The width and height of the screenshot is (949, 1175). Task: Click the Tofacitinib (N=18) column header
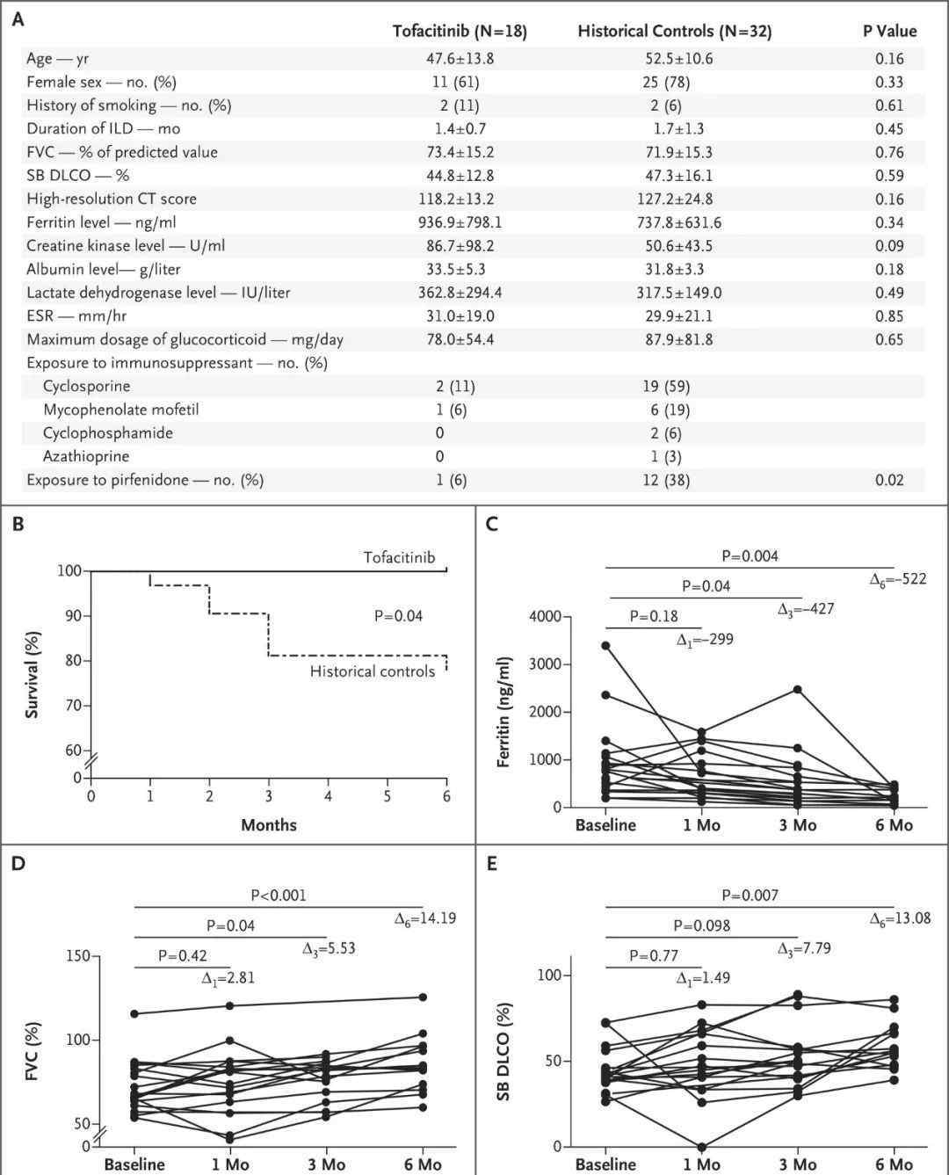click(460, 31)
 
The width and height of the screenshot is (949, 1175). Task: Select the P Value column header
click(889, 31)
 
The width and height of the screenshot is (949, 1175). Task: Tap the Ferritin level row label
click(101, 222)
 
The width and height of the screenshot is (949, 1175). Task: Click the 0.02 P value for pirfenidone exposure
click(889, 480)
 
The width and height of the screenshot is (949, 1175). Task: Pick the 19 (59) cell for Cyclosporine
click(666, 386)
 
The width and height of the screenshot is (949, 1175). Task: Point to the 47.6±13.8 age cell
click(460, 59)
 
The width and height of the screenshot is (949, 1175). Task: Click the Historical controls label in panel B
click(373, 671)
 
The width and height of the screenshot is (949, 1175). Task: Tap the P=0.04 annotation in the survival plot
click(398, 616)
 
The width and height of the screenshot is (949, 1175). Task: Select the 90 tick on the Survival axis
click(74, 616)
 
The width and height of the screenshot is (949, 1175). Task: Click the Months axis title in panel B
click(269, 825)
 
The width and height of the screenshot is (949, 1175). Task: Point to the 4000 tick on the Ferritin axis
click(546, 616)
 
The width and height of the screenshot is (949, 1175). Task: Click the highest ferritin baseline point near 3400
click(605, 645)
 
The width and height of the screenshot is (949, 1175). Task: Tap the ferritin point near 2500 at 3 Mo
click(797, 690)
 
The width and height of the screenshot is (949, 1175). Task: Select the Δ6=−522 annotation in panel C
click(898, 579)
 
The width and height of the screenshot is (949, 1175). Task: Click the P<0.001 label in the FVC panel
click(279, 896)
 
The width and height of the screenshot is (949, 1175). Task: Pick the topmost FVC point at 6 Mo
click(423, 997)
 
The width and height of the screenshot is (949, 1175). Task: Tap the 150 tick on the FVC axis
click(77, 956)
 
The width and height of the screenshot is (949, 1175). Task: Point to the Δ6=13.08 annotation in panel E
click(901, 918)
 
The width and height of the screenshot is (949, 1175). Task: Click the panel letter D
click(18, 864)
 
